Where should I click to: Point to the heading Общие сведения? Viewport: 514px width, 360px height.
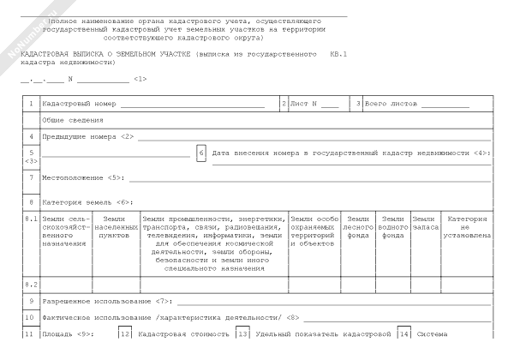coord(68,120)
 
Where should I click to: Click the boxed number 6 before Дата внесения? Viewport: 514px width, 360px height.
coord(201,153)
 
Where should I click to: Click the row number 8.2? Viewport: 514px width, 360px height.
coord(30,284)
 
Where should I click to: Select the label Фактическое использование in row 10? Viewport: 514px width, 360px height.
coord(97,317)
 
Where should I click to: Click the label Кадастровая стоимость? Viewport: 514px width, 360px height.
coord(182,333)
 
